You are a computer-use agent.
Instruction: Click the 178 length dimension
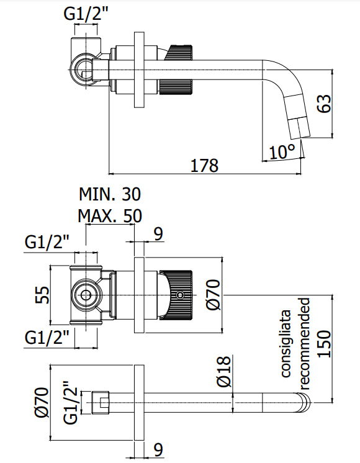pos(204,166)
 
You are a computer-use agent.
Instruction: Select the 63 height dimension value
pos(324,103)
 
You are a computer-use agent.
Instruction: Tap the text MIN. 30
pos(110,194)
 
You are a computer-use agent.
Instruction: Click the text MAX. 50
pos(110,216)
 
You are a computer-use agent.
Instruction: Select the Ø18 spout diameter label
pos(224,371)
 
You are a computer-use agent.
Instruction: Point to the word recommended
pos(304,340)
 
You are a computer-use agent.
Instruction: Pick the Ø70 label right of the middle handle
pos(213,294)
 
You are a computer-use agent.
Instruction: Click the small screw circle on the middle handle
pos(181,295)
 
